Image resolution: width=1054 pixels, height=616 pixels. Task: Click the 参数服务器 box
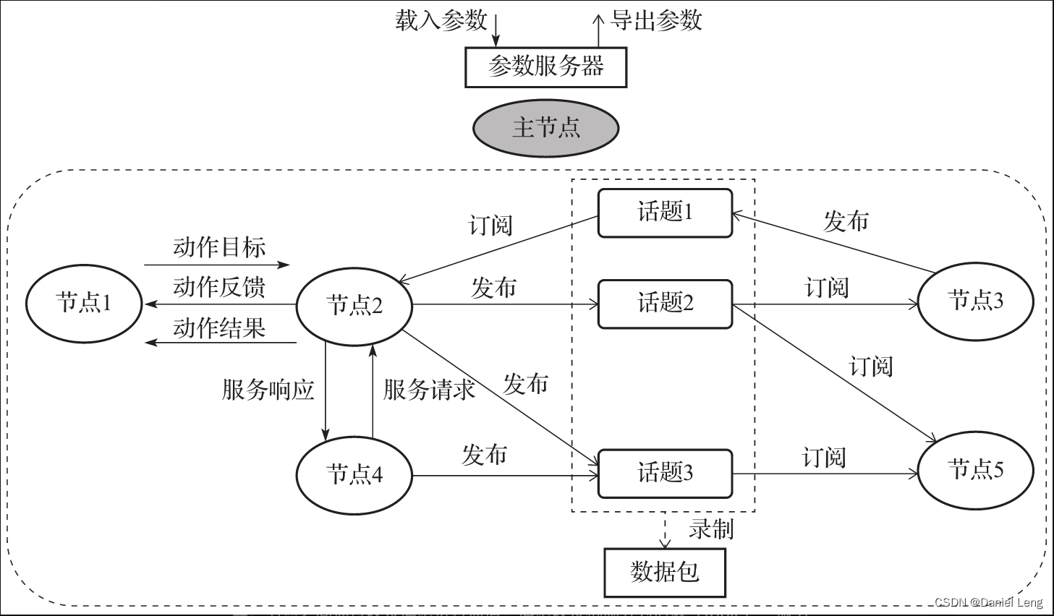pos(545,67)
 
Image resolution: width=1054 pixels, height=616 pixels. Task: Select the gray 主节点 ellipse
pos(545,128)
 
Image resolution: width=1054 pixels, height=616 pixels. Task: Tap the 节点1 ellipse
pos(84,302)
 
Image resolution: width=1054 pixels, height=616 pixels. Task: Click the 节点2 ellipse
pos(354,305)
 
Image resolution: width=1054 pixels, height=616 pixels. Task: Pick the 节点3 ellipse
pos(975,300)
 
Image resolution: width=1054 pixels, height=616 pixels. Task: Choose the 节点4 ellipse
pos(354,475)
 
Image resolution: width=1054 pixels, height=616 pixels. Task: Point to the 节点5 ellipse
pos(975,469)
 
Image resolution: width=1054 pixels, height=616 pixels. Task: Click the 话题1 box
pos(665,213)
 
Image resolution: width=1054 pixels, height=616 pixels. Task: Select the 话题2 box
pos(665,303)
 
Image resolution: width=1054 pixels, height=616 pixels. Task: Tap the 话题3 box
pos(665,473)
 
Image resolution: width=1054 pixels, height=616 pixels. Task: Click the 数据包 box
pos(664,572)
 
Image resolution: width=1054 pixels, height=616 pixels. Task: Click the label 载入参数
pos(441,20)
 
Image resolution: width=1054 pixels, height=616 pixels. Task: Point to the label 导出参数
pos(656,20)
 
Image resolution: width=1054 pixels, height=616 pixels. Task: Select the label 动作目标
pos(219,247)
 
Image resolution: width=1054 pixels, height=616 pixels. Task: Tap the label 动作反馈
pos(219,287)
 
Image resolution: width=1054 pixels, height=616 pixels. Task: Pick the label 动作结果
pos(219,328)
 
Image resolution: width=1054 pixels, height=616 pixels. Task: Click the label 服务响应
pos(268,390)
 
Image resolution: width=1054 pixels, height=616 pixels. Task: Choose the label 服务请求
pos(429,390)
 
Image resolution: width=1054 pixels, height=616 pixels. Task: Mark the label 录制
pos(711,529)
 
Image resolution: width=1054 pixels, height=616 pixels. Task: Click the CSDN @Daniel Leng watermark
pos(988,602)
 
